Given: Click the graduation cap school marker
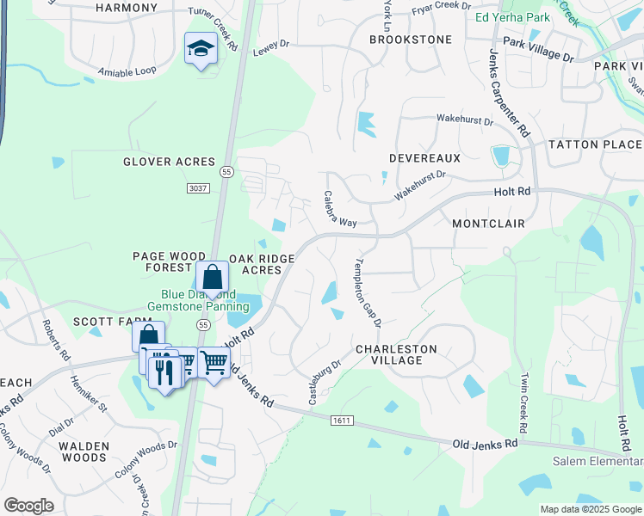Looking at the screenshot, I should pos(200,48).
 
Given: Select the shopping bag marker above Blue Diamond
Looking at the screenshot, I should pos(212,278).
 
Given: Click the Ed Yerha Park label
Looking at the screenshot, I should pos(511,17).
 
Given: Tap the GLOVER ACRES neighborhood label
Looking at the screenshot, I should pos(169,162).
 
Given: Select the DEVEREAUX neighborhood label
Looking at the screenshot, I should pos(424,158).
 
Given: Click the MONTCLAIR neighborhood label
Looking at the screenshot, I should pos(488,223).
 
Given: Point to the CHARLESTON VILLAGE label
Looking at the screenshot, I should pos(396,354).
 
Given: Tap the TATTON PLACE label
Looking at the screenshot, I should pos(595,144).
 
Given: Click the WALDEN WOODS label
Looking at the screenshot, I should pos(84,451).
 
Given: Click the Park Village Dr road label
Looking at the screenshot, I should pos(538,48).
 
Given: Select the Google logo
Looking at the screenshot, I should pos(28,506).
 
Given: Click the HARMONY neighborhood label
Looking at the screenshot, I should pos(127,8).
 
